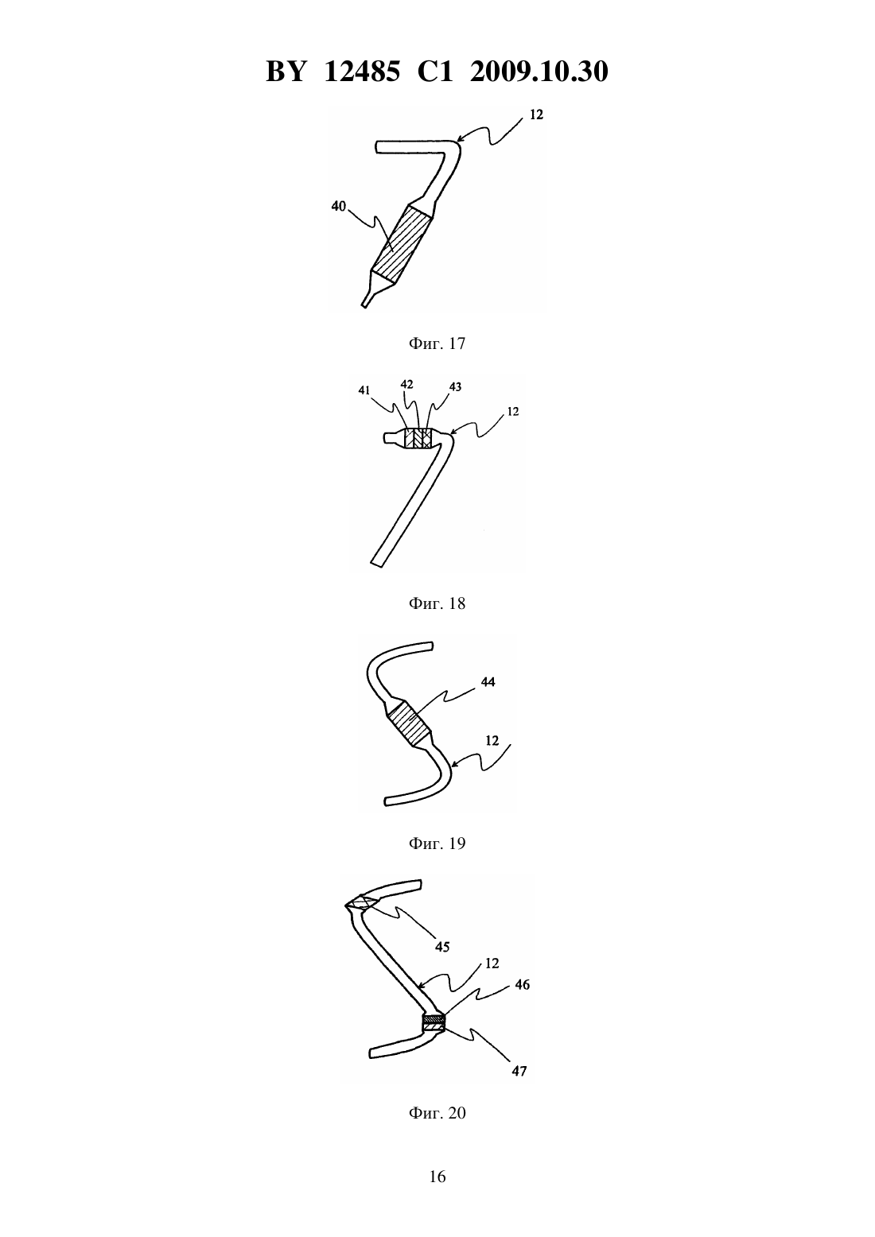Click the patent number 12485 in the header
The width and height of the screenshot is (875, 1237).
click(361, 72)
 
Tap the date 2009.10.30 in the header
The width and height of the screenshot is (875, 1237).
click(539, 72)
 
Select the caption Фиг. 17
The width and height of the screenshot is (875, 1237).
click(437, 343)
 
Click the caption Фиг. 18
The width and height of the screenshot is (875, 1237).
click(437, 603)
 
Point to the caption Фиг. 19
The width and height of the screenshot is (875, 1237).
click(437, 843)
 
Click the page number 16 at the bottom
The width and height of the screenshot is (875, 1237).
click(437, 1177)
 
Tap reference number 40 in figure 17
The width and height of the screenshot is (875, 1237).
click(338, 206)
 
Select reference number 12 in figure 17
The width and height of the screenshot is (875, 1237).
click(536, 114)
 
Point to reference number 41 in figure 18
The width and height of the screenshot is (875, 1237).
click(364, 390)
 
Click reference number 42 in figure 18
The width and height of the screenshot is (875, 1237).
click(406, 384)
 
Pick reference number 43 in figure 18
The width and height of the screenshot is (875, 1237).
click(455, 387)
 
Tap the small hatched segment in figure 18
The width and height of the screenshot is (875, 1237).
click(418, 439)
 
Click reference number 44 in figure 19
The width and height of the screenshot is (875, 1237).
click(488, 682)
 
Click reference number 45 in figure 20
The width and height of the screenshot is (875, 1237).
click(442, 947)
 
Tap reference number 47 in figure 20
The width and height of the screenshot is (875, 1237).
click(519, 1072)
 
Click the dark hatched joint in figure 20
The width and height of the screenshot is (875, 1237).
click(434, 1022)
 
